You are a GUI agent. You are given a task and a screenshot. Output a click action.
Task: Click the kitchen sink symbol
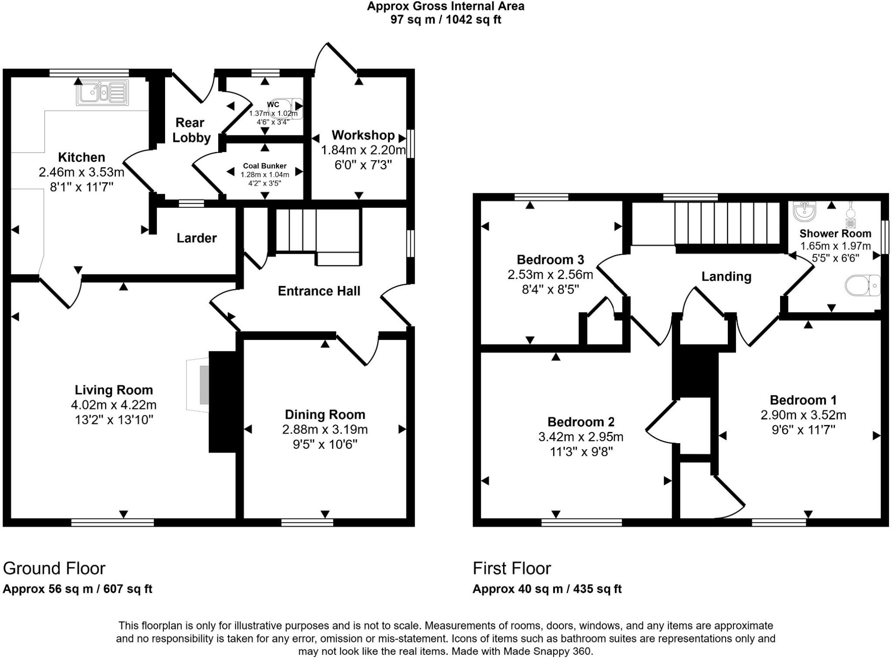click(103, 92)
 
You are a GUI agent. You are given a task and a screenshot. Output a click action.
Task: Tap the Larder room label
click(196, 238)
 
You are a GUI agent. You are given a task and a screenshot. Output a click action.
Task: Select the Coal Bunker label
click(265, 166)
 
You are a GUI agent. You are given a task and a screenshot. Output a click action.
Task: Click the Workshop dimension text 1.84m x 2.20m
click(363, 150)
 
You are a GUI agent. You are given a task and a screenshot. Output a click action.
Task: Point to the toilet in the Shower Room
click(863, 286)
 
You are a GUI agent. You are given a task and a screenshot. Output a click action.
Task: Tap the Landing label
click(726, 276)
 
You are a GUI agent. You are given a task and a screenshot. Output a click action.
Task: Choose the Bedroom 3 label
click(550, 260)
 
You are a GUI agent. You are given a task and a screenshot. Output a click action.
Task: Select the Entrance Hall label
click(319, 291)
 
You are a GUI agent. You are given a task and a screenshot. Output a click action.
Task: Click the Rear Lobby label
click(191, 130)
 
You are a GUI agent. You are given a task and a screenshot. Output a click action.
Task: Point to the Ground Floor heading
click(54, 568)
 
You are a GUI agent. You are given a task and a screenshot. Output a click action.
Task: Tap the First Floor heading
click(512, 568)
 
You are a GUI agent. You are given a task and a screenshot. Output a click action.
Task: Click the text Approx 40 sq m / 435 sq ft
click(547, 589)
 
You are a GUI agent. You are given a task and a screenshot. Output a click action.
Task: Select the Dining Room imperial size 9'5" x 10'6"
click(325, 444)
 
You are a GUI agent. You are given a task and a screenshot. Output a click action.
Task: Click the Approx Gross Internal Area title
click(446, 7)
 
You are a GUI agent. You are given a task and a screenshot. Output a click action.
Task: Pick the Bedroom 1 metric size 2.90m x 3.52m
click(803, 415)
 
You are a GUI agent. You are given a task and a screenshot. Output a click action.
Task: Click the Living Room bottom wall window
click(112, 522)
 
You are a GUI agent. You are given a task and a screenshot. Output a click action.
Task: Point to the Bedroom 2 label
click(581, 422)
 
